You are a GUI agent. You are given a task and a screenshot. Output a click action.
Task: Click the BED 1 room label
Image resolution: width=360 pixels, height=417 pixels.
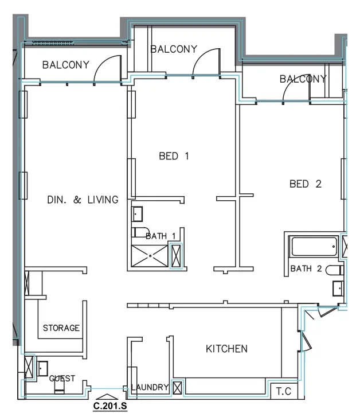coord(174,156)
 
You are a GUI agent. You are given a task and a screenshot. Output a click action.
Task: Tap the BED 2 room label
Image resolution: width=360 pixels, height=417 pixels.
coord(306,184)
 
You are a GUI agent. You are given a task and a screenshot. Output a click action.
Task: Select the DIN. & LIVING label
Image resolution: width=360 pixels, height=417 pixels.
coord(83,200)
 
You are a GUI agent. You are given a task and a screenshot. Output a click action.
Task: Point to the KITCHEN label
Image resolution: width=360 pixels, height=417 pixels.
coord(226,349)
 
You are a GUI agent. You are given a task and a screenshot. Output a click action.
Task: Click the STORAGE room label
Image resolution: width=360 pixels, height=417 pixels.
coord(61,328)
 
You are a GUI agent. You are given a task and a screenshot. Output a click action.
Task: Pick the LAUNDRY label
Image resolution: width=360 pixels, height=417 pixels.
coord(150,387)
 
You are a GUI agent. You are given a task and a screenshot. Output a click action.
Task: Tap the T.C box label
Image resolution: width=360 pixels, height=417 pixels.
coord(283,391)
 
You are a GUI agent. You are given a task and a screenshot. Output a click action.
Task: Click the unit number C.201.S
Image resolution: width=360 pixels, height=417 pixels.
coord(110,406)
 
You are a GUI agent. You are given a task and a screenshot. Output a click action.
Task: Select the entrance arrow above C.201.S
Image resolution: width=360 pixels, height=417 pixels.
coord(107,396)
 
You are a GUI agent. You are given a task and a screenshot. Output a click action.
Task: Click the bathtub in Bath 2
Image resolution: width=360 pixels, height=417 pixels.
coord(314,247)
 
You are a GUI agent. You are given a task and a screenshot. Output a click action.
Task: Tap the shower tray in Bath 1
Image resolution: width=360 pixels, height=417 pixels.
coord(150,256)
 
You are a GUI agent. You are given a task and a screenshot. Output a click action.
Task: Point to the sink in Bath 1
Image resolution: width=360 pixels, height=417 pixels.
coord(137,214)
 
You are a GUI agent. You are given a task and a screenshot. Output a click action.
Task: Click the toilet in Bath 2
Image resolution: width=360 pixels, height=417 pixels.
coord(334,270)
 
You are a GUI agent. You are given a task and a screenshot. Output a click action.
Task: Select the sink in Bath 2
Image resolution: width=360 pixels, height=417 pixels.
coord(338,289)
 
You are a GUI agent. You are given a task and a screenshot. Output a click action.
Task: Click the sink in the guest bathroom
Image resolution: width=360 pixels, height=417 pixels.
coord(42,368)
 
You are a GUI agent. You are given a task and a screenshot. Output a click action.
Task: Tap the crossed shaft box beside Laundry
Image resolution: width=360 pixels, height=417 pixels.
coord(177,388)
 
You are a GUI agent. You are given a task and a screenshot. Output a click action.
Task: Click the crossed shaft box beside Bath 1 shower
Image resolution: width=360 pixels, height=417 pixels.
coord(176,256)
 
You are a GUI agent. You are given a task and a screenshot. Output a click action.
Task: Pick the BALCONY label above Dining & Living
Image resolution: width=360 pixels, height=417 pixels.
coord(66,65)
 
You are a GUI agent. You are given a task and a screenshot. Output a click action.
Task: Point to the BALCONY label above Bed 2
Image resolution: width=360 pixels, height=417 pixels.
coord(303,79)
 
